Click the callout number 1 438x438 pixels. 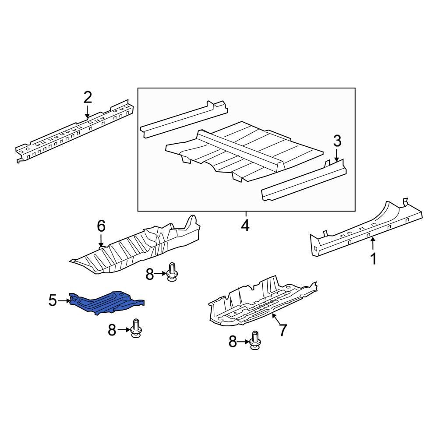pyautogui.click(x=373, y=258)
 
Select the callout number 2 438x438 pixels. pyautogui.click(x=88, y=98)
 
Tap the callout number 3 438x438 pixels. pyautogui.click(x=337, y=141)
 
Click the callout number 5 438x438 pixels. pyautogui.click(x=53, y=300)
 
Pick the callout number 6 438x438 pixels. pyautogui.click(x=101, y=226)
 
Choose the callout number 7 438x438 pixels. pyautogui.click(x=283, y=330)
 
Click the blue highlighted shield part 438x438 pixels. pyautogui.click(x=106, y=304)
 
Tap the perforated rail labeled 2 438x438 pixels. pyautogui.click(x=75, y=130)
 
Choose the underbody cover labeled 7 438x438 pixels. pyautogui.click(x=262, y=303)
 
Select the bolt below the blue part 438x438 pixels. pyautogui.click(x=136, y=328)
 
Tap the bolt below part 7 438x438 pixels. pyautogui.click(x=255, y=340)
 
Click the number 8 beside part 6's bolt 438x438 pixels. pyautogui.click(x=150, y=274)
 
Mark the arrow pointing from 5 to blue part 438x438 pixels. pyautogui.click(x=64, y=301)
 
